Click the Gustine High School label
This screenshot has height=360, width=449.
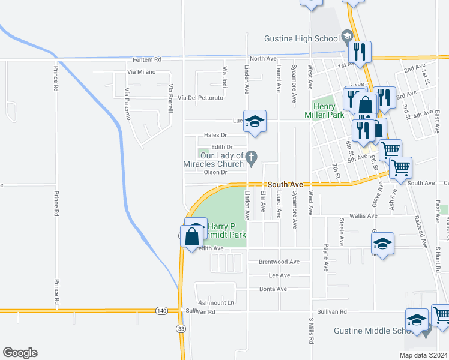[x=302, y=39]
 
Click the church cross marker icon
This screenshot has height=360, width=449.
[x=252, y=158]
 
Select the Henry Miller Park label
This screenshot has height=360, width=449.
[x=332, y=109]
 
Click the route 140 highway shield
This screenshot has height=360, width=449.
[x=161, y=310]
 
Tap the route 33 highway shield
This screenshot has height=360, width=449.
[x=181, y=328]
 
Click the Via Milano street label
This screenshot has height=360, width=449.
[x=141, y=72]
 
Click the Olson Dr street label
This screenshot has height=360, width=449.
[x=215, y=173]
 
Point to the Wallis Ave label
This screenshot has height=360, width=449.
[x=363, y=215]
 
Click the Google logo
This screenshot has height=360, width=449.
[x=20, y=353]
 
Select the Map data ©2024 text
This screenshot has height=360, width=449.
[x=424, y=355]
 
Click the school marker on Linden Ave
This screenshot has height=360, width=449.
[x=255, y=121]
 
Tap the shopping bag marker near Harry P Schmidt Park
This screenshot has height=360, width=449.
[x=191, y=236]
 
